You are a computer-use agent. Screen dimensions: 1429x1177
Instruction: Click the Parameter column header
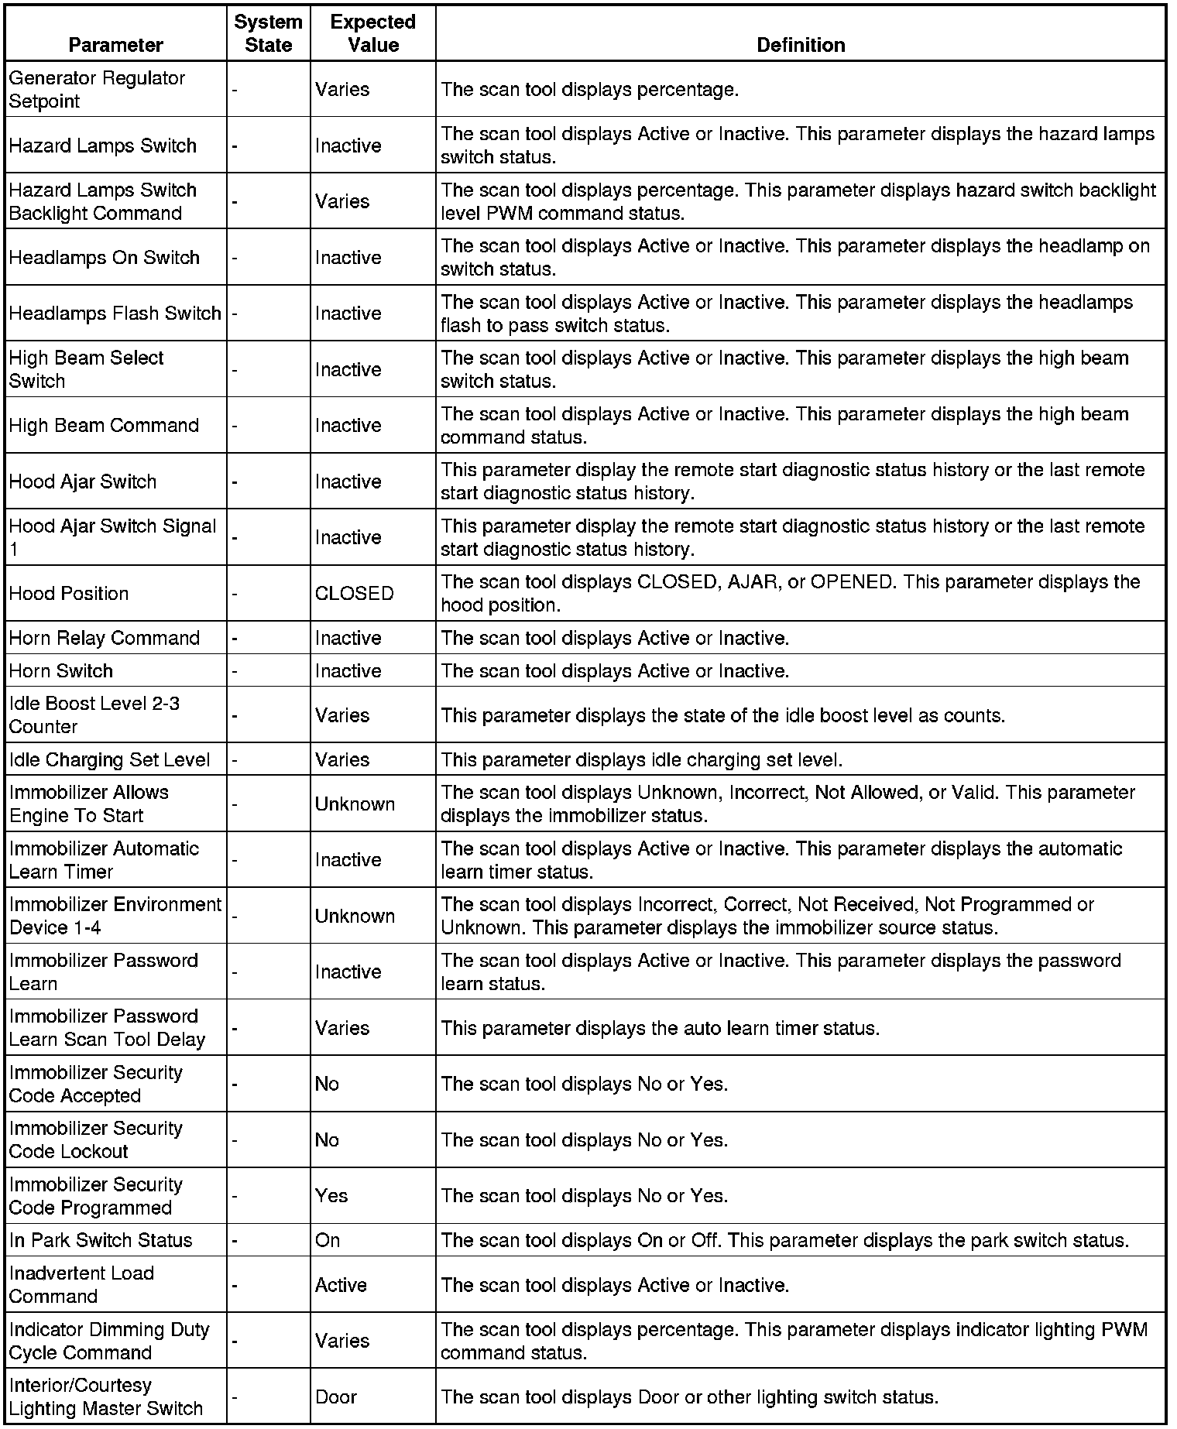(x=115, y=45)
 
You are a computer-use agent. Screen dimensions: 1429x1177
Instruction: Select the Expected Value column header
(x=372, y=33)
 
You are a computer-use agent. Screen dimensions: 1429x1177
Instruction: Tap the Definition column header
(x=800, y=45)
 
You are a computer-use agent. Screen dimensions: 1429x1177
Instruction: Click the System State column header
(x=268, y=33)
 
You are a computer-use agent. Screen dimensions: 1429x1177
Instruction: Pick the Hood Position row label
(x=69, y=594)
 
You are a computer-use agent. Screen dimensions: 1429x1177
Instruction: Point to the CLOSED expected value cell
(x=354, y=594)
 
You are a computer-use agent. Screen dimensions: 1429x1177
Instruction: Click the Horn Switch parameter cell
(x=61, y=670)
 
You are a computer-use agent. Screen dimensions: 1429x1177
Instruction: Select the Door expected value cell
(x=336, y=1397)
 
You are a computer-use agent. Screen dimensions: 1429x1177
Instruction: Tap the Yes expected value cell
(x=331, y=1196)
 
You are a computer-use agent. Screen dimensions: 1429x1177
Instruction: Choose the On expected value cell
(x=328, y=1240)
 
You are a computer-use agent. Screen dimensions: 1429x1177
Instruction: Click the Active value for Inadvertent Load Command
(x=341, y=1285)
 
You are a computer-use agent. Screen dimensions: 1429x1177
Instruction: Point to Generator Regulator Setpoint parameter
(x=97, y=90)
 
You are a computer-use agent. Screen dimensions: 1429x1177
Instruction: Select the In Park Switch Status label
(x=101, y=1240)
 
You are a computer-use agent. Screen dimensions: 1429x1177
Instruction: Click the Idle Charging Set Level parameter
(x=109, y=759)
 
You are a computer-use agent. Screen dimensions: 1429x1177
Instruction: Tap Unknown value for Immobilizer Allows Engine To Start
(x=355, y=804)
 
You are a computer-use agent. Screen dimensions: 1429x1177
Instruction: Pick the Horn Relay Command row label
(x=105, y=638)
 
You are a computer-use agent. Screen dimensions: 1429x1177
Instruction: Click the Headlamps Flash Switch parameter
(x=115, y=314)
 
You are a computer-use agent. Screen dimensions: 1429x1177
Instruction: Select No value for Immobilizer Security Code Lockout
(x=327, y=1140)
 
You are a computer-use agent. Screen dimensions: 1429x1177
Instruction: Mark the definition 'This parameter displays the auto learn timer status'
(x=660, y=1028)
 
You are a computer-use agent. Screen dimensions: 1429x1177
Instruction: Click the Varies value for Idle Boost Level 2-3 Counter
(x=342, y=715)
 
